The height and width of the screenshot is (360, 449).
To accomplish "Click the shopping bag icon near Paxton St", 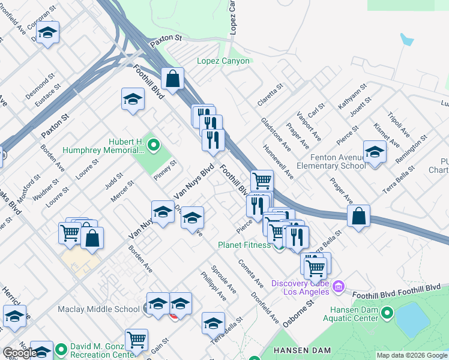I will pos(172,79).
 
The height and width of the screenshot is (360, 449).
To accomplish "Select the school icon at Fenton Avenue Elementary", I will pos(374,153).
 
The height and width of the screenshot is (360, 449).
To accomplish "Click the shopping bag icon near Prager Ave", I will pos(358,217).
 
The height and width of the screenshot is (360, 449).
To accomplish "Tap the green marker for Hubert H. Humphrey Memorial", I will pos(154,144).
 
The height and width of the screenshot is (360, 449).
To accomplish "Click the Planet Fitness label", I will pos(243,245).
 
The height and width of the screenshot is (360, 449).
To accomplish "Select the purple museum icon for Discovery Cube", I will pos(338,287).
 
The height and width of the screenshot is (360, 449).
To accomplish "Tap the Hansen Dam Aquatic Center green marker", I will pos(387,313).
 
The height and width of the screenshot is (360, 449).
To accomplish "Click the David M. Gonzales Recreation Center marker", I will pos(60,349).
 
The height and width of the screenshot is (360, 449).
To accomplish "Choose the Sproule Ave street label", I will pos(223,280).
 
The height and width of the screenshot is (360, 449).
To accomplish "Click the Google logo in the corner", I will pos(19,353).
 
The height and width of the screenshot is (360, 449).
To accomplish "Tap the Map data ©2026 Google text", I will pos(411,356).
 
